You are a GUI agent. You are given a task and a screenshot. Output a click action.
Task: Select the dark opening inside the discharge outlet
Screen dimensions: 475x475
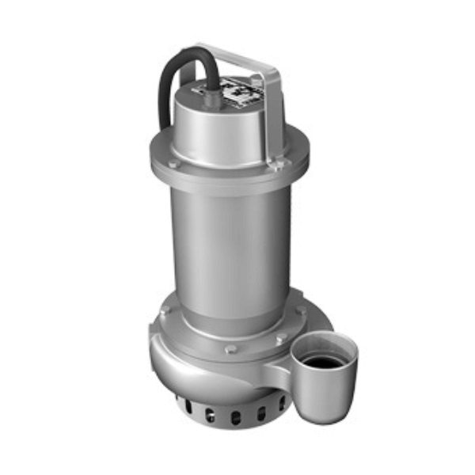click(325, 362)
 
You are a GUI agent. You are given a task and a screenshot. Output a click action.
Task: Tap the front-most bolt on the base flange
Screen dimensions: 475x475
click(230, 348)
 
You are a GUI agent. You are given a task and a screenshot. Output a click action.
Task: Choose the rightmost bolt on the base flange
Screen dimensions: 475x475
click(301, 311)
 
